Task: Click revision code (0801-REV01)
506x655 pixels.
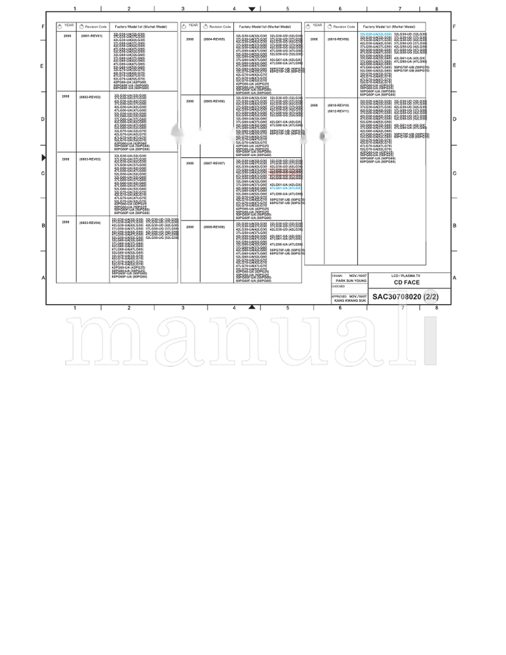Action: (x=91, y=36)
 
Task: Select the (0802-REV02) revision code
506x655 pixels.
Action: (x=90, y=97)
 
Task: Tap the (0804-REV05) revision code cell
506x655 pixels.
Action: (x=214, y=39)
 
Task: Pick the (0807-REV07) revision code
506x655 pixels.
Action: (x=214, y=163)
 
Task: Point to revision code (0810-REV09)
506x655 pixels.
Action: (x=338, y=39)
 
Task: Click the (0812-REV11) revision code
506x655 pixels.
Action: (x=338, y=111)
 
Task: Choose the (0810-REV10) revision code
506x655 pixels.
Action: (x=338, y=105)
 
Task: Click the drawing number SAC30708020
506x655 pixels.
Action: (x=397, y=297)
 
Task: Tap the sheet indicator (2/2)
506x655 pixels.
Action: (x=431, y=297)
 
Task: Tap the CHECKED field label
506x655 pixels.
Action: (x=338, y=286)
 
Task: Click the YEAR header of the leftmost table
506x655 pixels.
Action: (x=68, y=26)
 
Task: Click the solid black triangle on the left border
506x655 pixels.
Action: (x=44, y=157)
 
